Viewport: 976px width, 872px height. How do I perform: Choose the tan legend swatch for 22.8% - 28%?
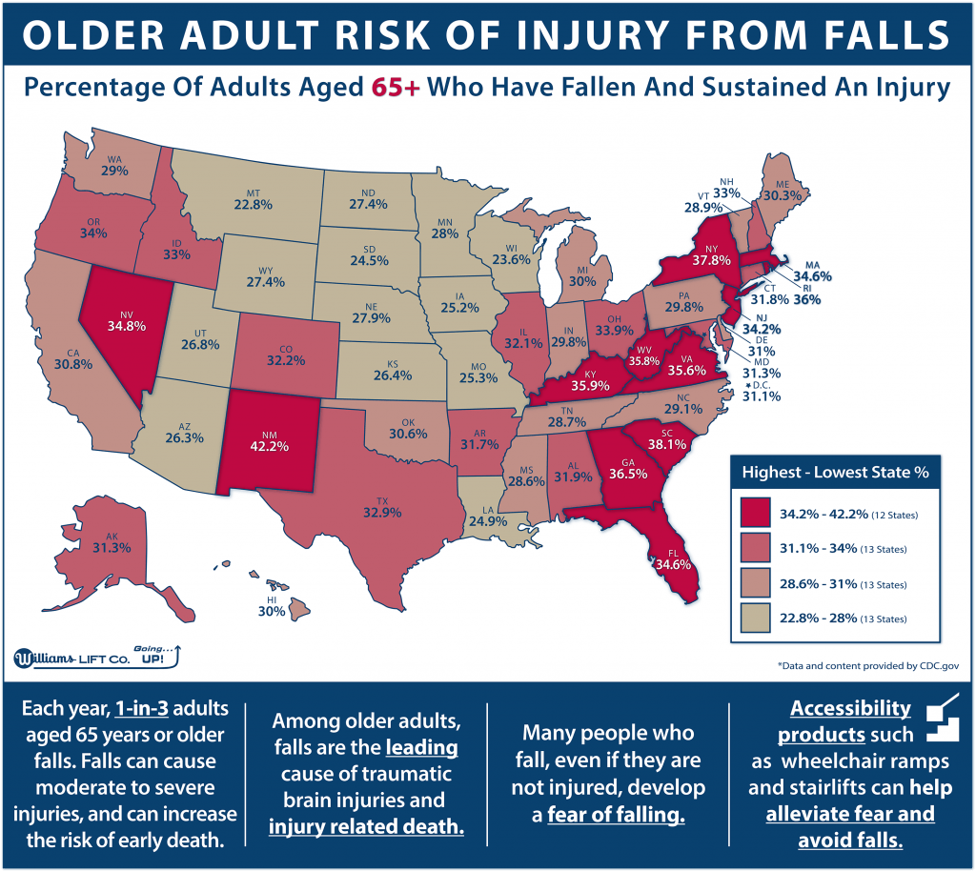(759, 619)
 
